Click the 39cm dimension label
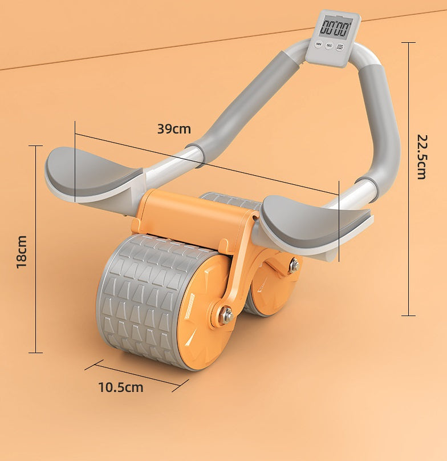pyautogui.click(x=174, y=129)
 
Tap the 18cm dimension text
pyautogui.click(x=22, y=252)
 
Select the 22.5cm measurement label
pyautogui.click(x=422, y=156)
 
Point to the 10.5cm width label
pyautogui.click(x=120, y=388)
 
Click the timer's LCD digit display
pyautogui.click(x=335, y=27)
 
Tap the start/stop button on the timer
pyautogui.click(x=340, y=47)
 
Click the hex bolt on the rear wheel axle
pyautogui.click(x=293, y=265)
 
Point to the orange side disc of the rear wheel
pyautogui.click(x=274, y=285)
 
